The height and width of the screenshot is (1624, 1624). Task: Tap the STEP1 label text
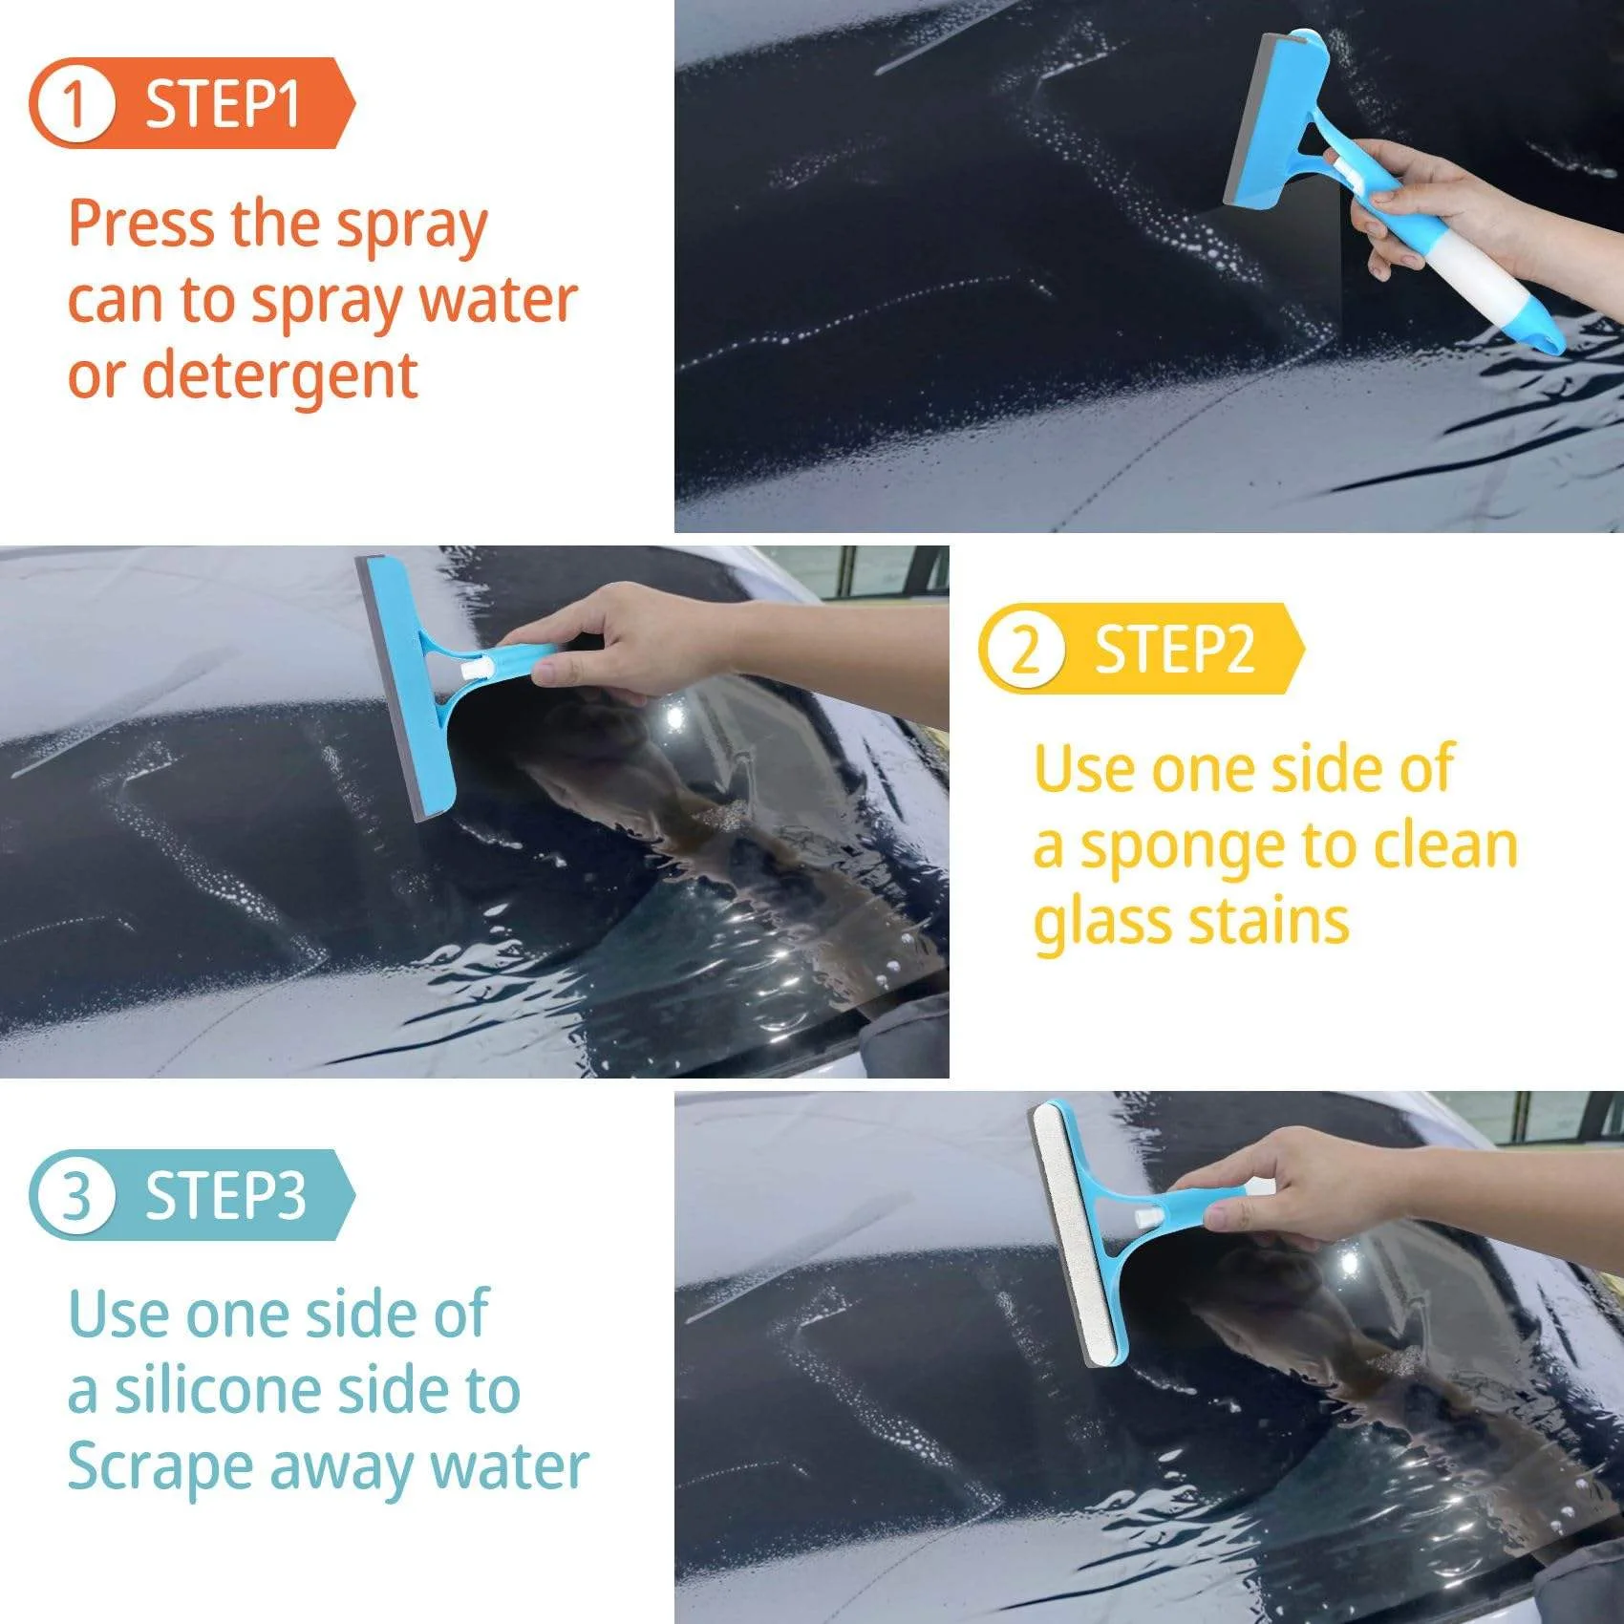[223, 103]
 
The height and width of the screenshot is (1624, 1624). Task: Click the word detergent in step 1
[279, 375]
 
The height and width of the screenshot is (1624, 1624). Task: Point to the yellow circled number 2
[1024, 650]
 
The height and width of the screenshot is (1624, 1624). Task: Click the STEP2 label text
[1174, 650]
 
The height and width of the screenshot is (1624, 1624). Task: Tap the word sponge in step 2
[1185, 848]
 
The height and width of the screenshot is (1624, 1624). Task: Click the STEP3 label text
[225, 1195]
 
